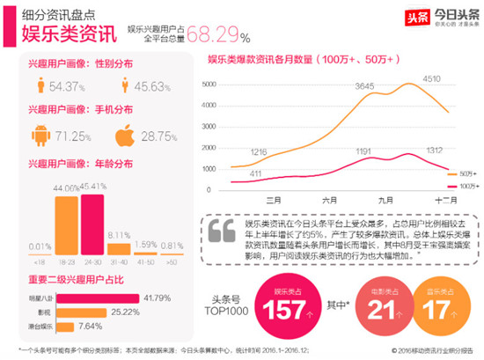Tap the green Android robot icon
pyautogui.click(x=45, y=136)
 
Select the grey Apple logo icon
pyautogui.click(x=128, y=136)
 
